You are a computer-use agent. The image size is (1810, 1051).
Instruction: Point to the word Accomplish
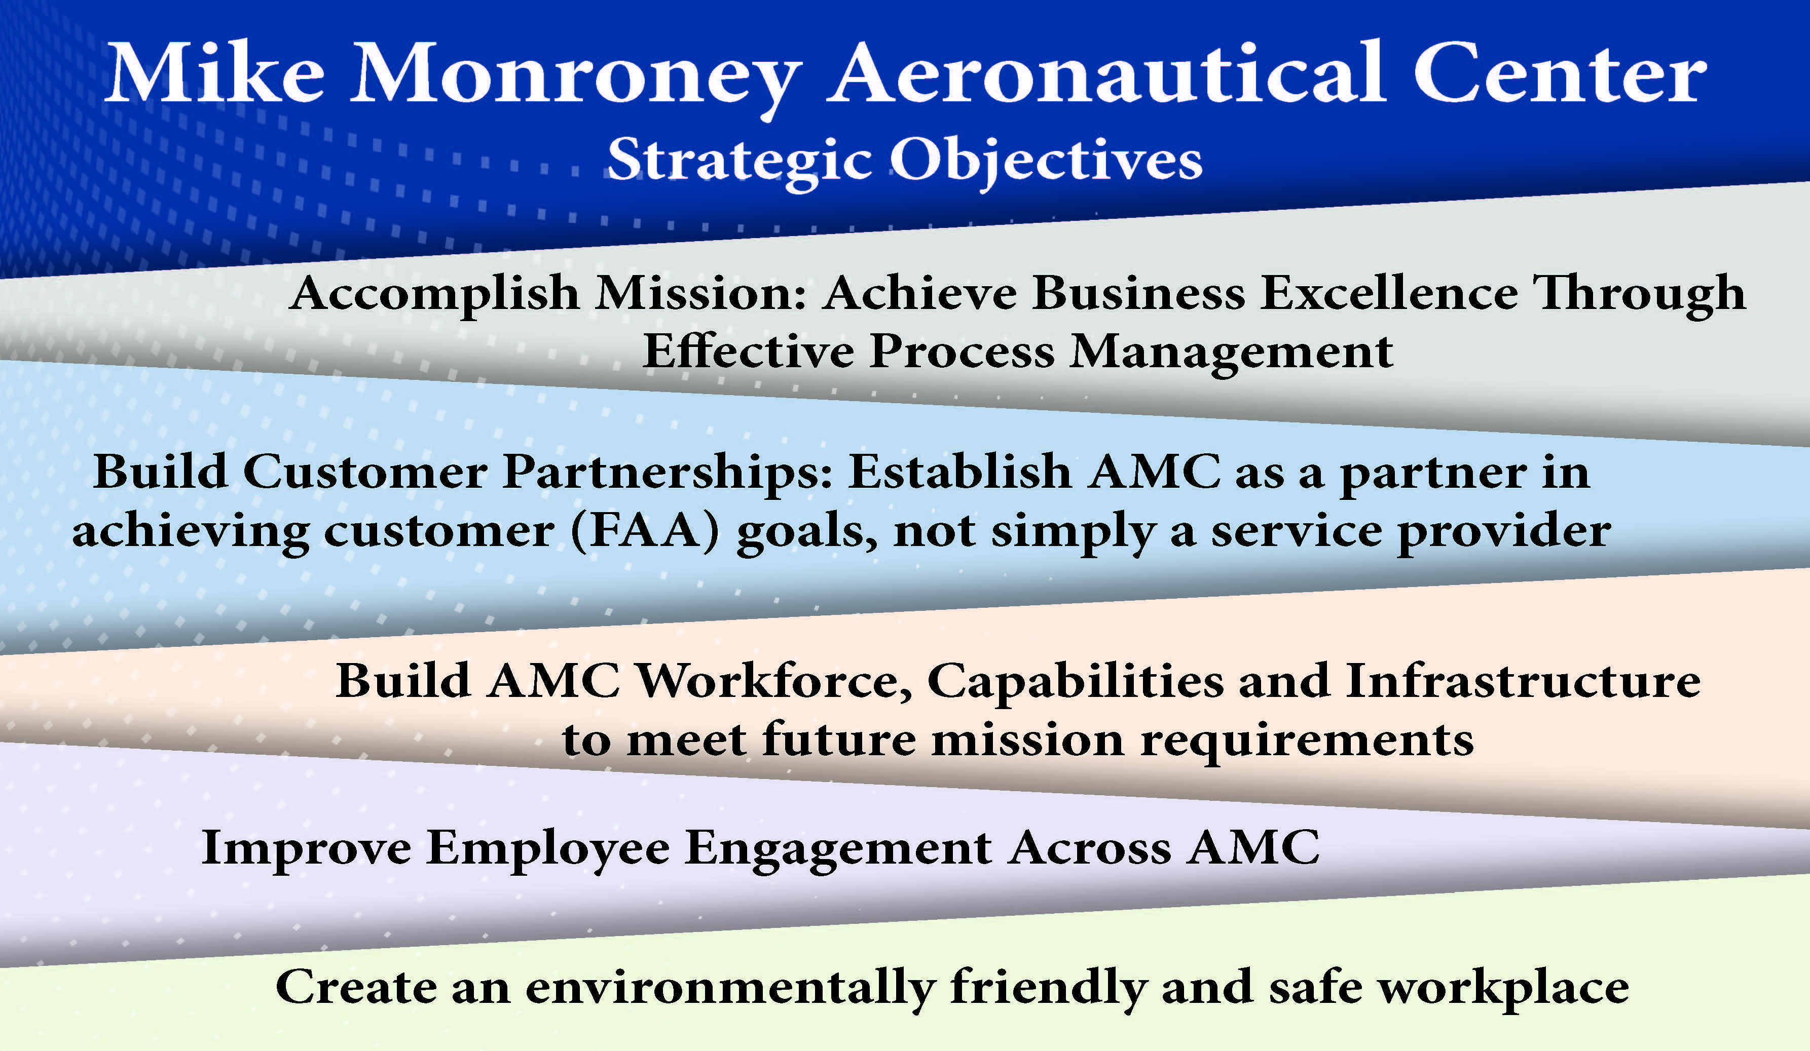434,294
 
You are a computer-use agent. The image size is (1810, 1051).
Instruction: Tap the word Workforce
775,681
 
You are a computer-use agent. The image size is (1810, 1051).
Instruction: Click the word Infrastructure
1523,681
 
